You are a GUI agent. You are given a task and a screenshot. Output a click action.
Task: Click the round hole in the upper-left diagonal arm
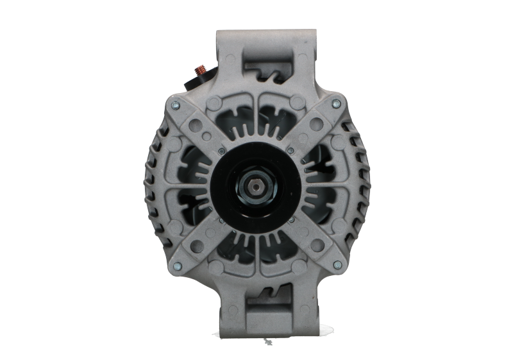194,121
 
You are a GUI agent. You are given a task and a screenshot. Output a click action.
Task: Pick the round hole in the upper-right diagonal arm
319,122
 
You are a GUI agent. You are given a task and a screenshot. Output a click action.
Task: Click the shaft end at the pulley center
256,187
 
